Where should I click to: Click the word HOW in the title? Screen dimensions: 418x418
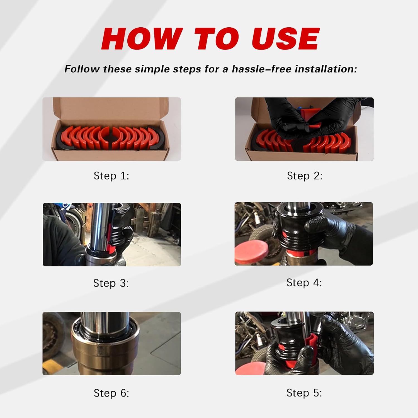click(142, 39)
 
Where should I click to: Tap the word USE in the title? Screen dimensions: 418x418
click(286, 39)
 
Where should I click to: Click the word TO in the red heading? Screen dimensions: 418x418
click(217, 39)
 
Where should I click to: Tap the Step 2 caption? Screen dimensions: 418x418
click(305, 176)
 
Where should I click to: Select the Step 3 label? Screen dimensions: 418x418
click(111, 283)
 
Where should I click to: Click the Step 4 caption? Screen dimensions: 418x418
click(304, 283)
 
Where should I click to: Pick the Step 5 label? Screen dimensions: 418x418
click(304, 393)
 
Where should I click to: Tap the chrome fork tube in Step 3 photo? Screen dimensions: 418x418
click(100, 223)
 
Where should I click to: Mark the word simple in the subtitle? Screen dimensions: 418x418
click(154, 69)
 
